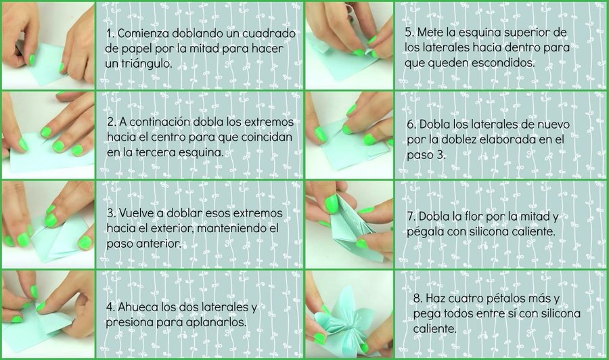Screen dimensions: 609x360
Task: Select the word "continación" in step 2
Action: click(x=160, y=122)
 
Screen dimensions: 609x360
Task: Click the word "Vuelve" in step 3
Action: click(x=137, y=213)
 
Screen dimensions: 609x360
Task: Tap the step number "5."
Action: click(x=409, y=32)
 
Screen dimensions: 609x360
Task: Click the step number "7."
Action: click(x=411, y=217)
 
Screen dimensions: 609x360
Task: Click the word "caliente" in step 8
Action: click(x=434, y=329)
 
